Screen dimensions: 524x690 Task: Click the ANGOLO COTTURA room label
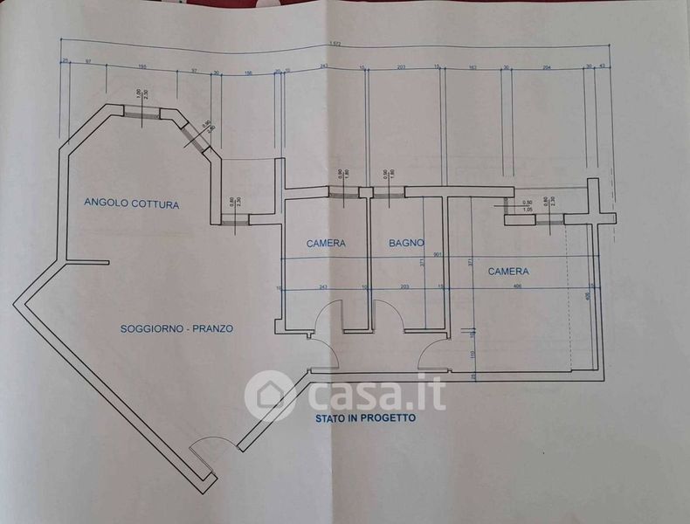click(131, 204)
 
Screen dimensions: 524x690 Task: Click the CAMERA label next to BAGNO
click(326, 243)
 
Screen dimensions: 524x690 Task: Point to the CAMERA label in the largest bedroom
click(507, 272)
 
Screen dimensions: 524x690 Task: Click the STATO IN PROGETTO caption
click(365, 418)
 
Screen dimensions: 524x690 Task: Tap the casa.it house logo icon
click(271, 396)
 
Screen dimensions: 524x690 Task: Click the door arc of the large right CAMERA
click(433, 351)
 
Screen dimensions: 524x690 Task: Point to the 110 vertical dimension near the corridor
click(473, 355)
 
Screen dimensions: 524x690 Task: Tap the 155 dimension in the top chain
click(141, 67)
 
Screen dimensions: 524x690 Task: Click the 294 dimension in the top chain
click(547, 67)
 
